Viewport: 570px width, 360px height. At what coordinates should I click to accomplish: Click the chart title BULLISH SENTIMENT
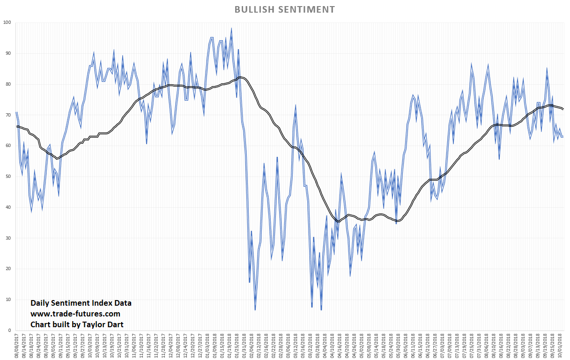pos(284,9)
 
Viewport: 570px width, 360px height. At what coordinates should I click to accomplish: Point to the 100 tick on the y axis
pos(7,22)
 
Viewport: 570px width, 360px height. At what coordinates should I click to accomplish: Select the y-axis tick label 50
pos(8,176)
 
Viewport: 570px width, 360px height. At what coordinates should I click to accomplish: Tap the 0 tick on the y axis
pos(9,331)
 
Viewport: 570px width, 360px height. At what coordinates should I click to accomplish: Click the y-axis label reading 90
pos(8,53)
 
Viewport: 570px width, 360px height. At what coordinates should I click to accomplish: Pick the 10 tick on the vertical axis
pos(8,300)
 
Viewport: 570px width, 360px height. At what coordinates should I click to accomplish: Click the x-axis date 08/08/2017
pos(17,345)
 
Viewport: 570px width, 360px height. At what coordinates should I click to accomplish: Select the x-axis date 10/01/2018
pos(561,345)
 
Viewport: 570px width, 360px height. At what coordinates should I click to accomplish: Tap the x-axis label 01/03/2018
pos(207,345)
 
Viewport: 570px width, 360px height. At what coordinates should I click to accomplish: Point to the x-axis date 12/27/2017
pos(200,345)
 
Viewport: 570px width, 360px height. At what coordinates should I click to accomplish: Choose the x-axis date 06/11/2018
pos(412,345)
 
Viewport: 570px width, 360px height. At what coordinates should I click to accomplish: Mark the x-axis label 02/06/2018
pos(252,345)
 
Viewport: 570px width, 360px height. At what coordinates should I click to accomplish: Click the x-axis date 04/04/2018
pos(326,345)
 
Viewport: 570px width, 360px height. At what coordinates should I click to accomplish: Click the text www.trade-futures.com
pos(75,314)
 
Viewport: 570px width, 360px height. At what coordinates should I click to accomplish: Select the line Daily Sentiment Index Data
pos(81,303)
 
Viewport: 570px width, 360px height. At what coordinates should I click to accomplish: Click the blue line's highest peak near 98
pos(231,29)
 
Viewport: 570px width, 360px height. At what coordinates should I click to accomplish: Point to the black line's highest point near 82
pos(240,77)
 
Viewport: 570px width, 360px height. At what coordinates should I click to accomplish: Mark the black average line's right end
pos(563,109)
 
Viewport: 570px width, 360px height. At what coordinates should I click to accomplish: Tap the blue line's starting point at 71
pos(17,112)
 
